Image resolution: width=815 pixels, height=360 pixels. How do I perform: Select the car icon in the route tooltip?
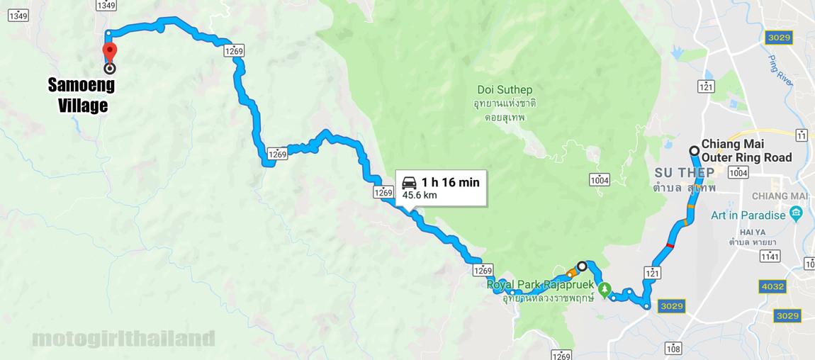pyautogui.click(x=409, y=181)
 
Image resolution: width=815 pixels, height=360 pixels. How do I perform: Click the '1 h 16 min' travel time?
pyautogui.click(x=450, y=182)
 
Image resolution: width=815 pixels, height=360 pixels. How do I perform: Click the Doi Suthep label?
pyautogui.click(x=505, y=90)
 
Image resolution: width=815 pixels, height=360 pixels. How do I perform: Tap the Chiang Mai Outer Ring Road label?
pyautogui.click(x=746, y=150)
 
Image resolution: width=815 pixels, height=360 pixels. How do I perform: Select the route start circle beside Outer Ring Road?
pyautogui.click(x=694, y=150)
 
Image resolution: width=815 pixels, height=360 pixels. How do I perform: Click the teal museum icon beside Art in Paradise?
pyautogui.click(x=795, y=214)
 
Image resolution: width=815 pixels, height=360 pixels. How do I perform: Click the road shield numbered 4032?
pyautogui.click(x=770, y=287)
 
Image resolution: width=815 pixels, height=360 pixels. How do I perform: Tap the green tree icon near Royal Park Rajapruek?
pyautogui.click(x=604, y=289)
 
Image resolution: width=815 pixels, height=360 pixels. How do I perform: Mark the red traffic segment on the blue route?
pyautogui.click(x=670, y=245)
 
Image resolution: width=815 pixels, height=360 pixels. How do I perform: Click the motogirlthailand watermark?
pyautogui.click(x=123, y=338)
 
